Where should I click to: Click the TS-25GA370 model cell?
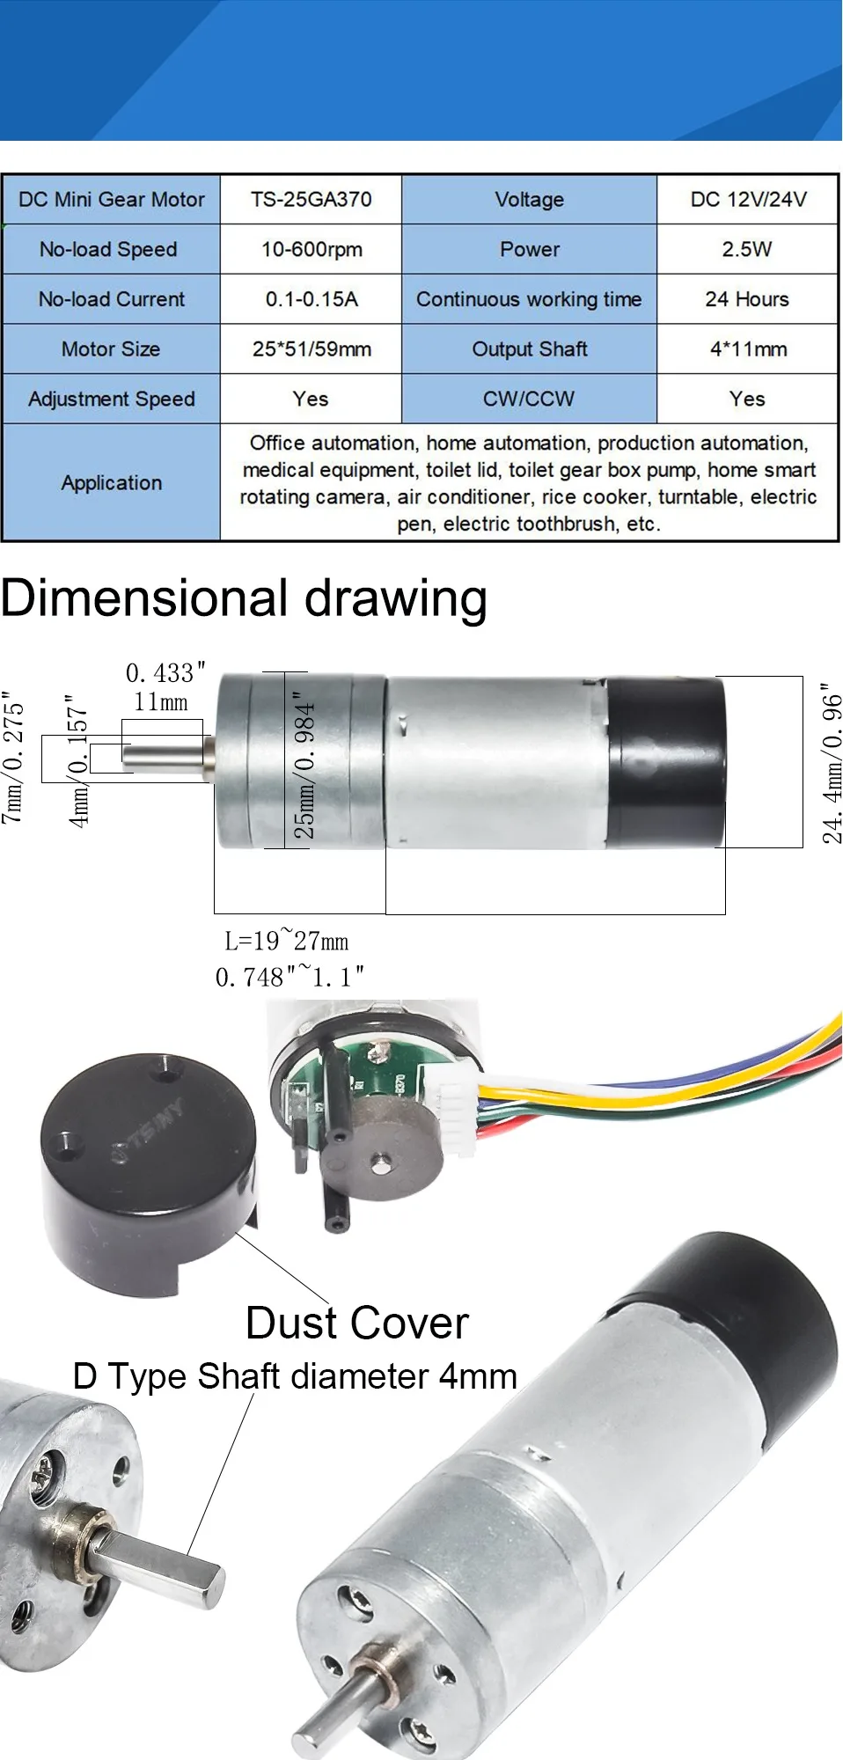[x=311, y=200]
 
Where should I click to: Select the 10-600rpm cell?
[x=311, y=250]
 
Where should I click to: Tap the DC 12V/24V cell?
[x=747, y=200]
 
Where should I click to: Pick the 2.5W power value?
[x=747, y=250]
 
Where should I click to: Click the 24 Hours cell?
[x=747, y=299]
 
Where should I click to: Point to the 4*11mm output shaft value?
[x=747, y=349]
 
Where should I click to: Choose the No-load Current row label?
[x=112, y=299]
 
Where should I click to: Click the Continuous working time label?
[x=529, y=299]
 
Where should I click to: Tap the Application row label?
[x=112, y=483]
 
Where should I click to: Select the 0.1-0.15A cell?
[x=311, y=299]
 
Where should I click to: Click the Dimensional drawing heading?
[x=244, y=599]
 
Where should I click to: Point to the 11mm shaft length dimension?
[x=161, y=702]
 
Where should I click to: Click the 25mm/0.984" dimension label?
[x=303, y=765]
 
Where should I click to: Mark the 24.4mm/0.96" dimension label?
[x=832, y=763]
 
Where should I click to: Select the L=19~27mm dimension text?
[x=287, y=941]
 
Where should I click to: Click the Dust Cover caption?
[x=357, y=1324]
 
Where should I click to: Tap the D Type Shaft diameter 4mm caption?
[x=295, y=1376]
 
